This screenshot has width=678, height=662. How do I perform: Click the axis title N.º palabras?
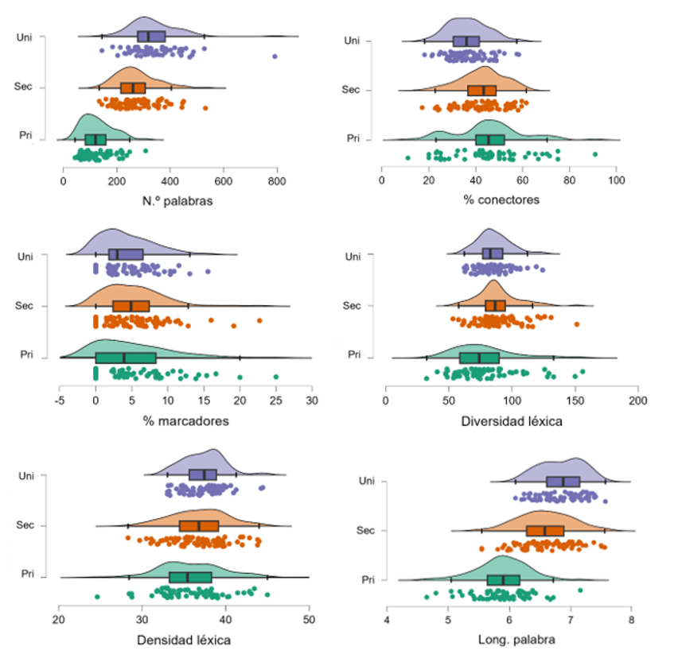[x=171, y=200]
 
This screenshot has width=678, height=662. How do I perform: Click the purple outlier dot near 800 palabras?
[x=275, y=56]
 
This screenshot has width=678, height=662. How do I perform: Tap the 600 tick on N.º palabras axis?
[x=224, y=180]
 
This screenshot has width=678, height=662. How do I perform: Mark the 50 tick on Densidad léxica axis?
[x=309, y=618]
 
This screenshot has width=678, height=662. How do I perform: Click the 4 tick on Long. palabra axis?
[x=388, y=618]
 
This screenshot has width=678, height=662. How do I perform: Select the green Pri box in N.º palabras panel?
[x=95, y=139]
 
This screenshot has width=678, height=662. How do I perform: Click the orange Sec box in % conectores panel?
[x=482, y=91]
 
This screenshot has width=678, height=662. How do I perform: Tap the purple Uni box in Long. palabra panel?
[x=563, y=482]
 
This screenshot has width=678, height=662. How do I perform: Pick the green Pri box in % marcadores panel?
[x=126, y=358]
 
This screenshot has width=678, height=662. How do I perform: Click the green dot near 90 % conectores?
[x=594, y=154]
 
